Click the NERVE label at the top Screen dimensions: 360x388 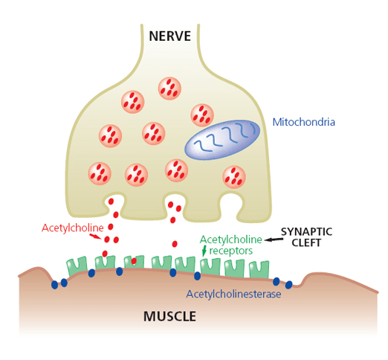(170, 36)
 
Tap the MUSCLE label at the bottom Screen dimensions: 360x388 (169, 316)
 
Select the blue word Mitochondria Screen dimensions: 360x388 (304, 121)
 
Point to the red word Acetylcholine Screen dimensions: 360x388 (72, 227)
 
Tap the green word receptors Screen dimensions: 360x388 (231, 251)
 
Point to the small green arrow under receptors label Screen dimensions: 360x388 (204, 252)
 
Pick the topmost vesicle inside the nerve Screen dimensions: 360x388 (170, 88)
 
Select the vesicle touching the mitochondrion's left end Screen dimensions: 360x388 (201, 115)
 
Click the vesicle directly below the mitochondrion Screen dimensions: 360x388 (234, 177)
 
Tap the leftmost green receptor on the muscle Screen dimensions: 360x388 (75, 266)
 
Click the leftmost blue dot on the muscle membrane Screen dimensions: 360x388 (54, 285)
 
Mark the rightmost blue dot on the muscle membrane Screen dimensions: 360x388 (289, 284)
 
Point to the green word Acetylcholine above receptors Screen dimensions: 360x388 (231, 240)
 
